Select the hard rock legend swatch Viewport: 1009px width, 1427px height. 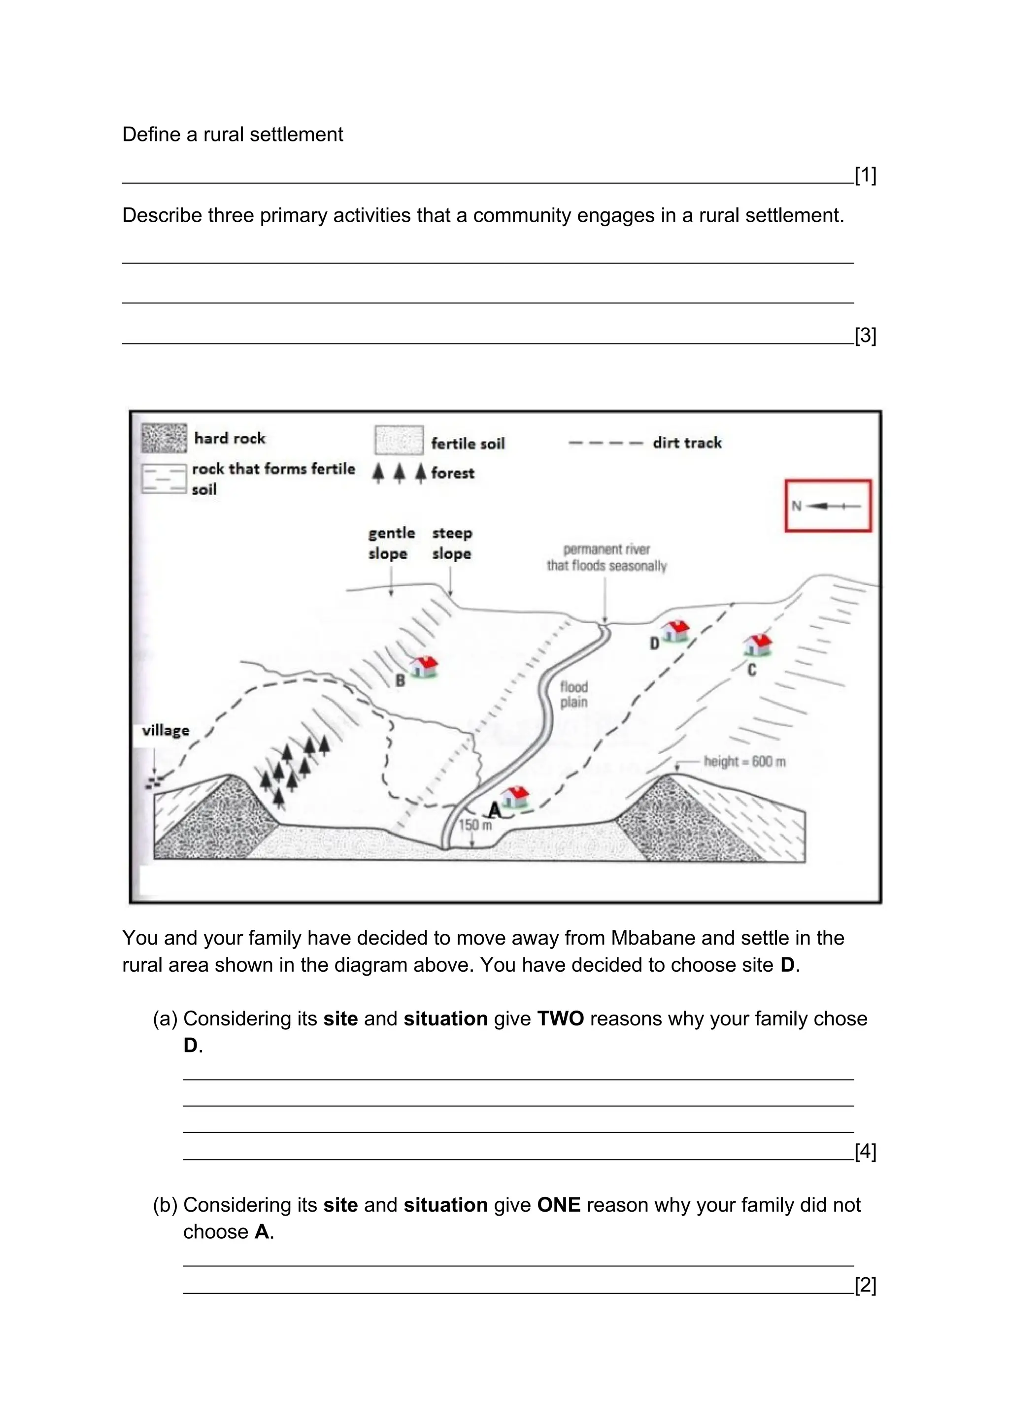click(164, 438)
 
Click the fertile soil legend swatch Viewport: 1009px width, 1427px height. click(399, 441)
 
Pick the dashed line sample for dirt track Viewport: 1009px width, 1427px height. click(605, 443)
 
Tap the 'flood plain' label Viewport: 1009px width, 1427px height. click(573, 694)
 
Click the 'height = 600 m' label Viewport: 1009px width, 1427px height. click(744, 761)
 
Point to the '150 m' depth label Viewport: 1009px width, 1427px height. click(475, 825)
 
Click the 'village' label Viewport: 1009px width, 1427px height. click(165, 730)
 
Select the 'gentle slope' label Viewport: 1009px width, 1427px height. click(391, 543)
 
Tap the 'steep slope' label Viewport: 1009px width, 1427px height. click(452, 543)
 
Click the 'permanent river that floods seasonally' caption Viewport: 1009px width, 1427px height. click(606, 557)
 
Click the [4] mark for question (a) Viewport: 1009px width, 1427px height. click(865, 1152)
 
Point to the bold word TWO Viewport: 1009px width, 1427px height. click(560, 1019)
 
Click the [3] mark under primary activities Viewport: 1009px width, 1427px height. click(865, 336)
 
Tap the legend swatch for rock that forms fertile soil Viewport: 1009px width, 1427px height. click(164, 479)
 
